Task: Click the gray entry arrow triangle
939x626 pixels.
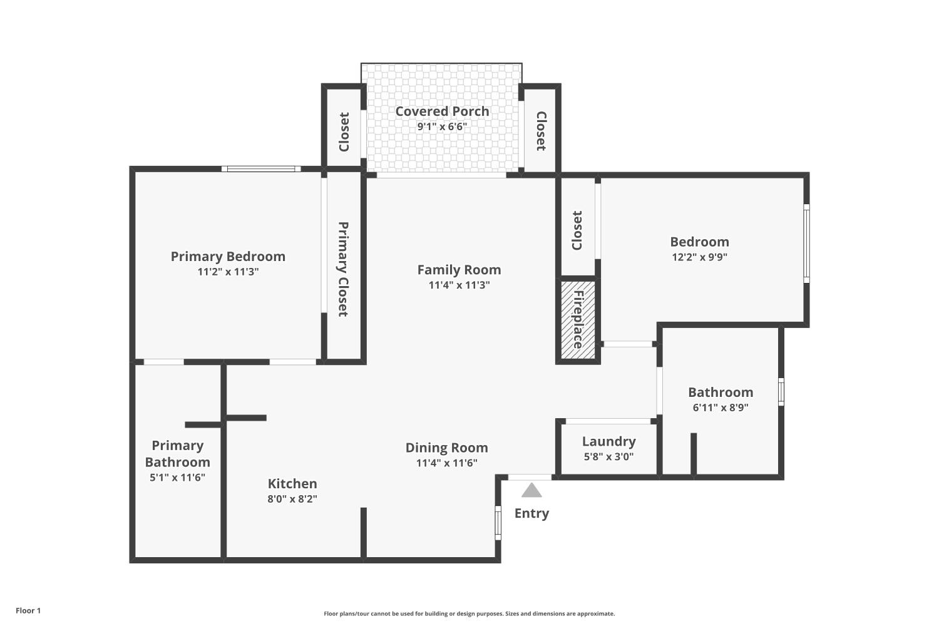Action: point(531,490)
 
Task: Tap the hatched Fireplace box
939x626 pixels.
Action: point(577,320)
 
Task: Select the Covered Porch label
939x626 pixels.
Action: point(442,111)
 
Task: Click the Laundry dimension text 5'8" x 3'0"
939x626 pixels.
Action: point(608,456)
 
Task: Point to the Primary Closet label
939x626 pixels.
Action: point(343,269)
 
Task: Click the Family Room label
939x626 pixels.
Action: point(459,270)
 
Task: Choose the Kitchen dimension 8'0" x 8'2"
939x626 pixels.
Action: point(292,499)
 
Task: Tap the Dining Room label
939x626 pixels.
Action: point(446,448)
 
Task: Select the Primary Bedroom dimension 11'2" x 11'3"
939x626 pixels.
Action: point(228,272)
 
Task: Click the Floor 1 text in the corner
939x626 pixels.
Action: point(28,610)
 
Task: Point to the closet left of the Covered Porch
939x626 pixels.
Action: point(344,131)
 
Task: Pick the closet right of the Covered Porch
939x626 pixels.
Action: point(541,131)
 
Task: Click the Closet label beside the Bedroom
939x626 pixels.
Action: point(577,230)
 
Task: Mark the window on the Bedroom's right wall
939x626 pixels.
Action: point(806,244)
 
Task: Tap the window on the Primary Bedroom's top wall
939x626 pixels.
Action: point(261,168)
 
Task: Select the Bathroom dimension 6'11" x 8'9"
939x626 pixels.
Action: point(721,408)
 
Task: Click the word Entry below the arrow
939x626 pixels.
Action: point(531,513)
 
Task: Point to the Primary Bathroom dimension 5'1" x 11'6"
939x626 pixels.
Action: point(177,477)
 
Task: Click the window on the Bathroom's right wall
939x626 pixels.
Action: point(781,392)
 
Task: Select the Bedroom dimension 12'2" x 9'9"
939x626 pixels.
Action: point(699,257)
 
